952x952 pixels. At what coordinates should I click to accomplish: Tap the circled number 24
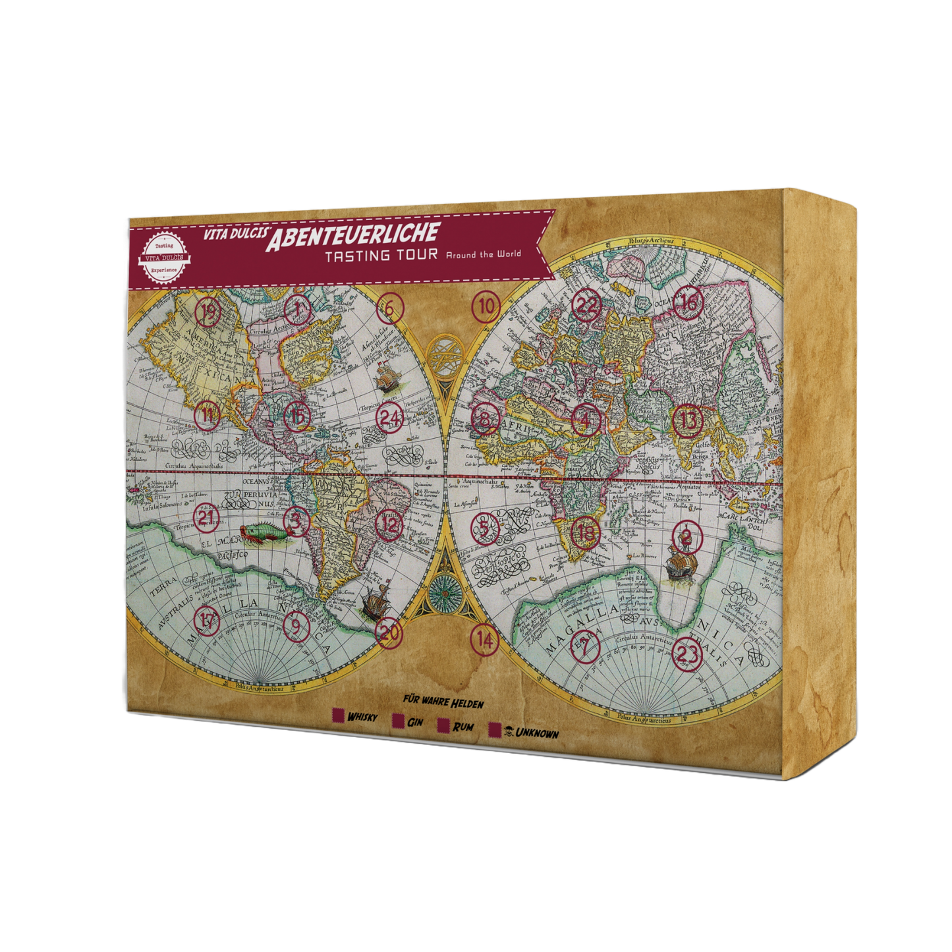390,418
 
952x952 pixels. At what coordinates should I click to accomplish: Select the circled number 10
486,306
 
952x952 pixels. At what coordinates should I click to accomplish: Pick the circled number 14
484,638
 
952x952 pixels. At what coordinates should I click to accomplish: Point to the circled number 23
686,653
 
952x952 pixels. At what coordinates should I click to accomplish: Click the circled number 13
687,420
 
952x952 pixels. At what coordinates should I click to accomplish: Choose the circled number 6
390,308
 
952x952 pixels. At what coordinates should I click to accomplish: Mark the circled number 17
207,620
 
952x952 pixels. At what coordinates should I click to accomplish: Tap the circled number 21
207,517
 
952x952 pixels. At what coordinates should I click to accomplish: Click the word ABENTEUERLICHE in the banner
352,235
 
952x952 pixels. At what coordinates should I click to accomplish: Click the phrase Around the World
484,254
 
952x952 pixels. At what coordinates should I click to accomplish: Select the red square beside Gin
398,721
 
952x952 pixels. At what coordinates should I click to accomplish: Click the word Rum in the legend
462,727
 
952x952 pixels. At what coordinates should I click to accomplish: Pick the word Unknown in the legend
537,733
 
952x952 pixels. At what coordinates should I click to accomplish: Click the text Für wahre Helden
443,702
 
